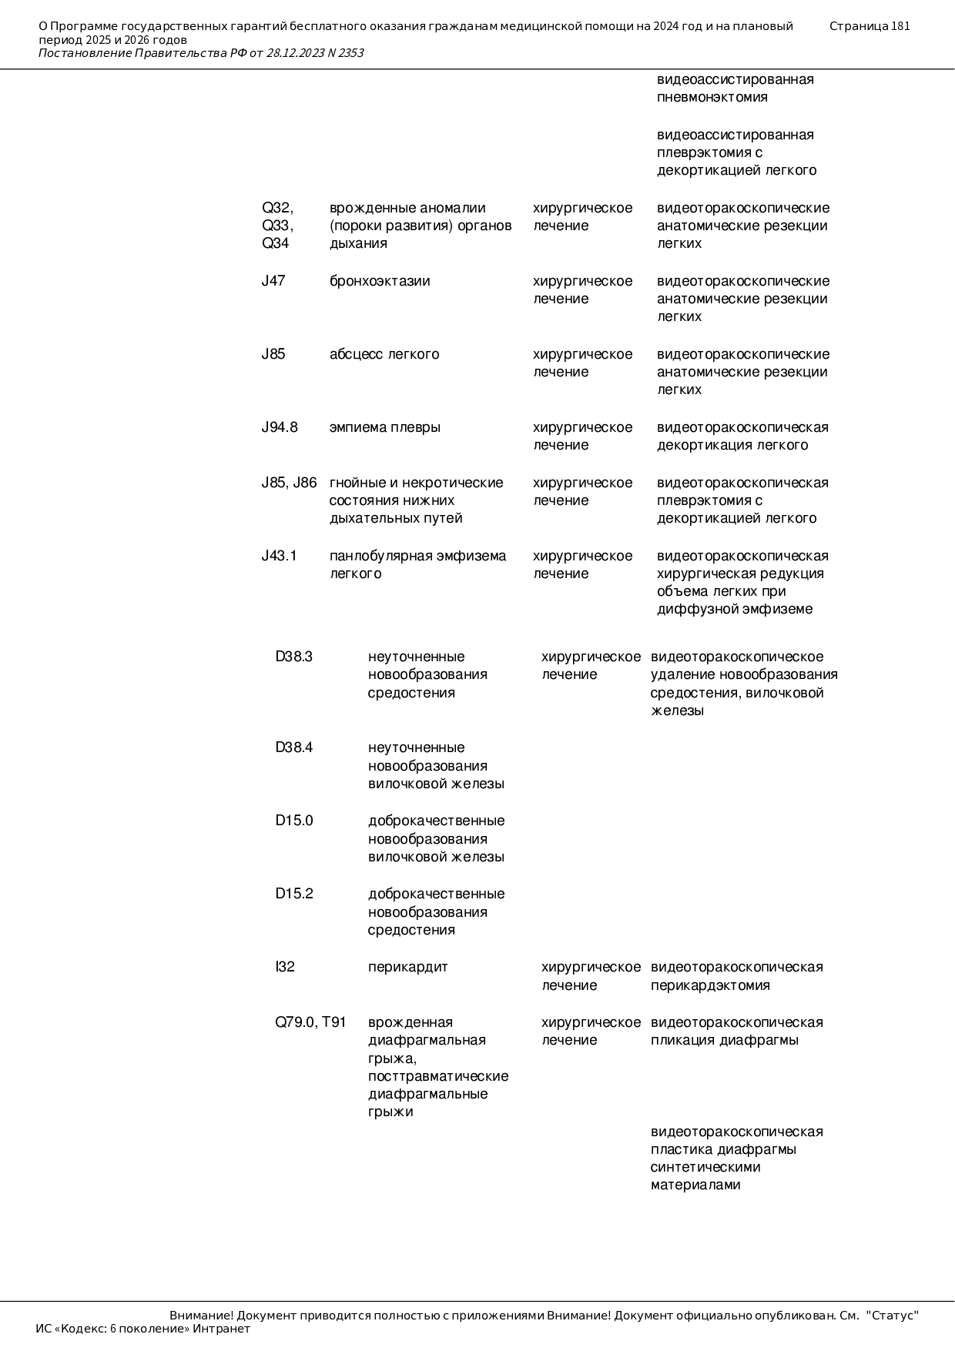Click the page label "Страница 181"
870,26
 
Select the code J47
273,281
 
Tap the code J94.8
280,427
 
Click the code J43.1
279,556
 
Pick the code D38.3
294,657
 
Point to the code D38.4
294,747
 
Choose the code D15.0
294,821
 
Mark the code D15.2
294,894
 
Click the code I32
285,967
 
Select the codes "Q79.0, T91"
310,1022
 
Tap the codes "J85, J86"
289,483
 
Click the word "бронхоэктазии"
380,281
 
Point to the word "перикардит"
407,967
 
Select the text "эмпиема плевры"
385,427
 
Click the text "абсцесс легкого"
384,354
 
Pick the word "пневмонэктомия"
712,97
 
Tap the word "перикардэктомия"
710,985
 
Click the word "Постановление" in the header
85,53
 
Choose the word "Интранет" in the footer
222,1329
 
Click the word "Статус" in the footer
893,1316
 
